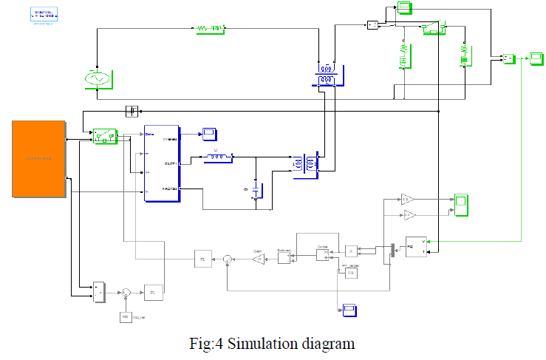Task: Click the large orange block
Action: (38, 158)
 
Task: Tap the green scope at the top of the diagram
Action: (405, 8)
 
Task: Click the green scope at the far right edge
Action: (535, 56)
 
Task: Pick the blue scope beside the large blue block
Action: (210, 133)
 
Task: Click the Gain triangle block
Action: (256, 258)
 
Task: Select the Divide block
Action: (322, 255)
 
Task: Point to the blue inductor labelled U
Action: (217, 157)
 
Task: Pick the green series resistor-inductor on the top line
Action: (209, 29)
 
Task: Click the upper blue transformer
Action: (327, 75)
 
